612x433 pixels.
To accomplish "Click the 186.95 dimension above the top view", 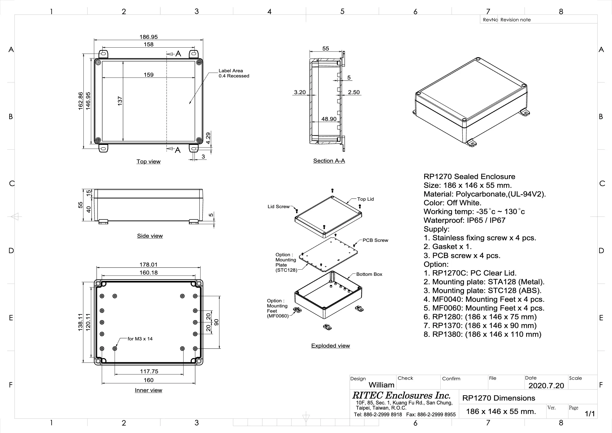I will [149, 37].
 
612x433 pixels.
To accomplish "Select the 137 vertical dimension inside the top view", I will [120, 101].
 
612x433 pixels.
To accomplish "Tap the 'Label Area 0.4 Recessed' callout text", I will [233, 73].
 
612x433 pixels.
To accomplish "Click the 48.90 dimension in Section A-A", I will [329, 119].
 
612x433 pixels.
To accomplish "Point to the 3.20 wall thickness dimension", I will [300, 92].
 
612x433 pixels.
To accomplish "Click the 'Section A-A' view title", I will [329, 161].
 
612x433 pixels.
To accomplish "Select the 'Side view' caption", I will [150, 236].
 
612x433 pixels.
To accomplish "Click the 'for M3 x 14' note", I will [140, 339].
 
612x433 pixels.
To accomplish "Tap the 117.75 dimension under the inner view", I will [149, 371].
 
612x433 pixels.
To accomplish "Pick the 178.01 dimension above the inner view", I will [149, 265].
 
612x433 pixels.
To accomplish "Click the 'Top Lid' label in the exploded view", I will [365, 199].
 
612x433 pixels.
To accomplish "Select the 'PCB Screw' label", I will [375, 240].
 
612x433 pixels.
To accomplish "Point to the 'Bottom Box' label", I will [369, 274].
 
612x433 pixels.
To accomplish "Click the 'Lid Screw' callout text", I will [278, 207].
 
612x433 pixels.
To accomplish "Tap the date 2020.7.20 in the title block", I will [546, 385].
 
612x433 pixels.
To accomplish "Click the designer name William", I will [381, 385].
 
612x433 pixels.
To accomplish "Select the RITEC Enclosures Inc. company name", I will [401, 395].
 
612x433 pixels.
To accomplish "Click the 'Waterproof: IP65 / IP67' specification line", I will [464, 220].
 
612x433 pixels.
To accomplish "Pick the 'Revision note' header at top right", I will [515, 20].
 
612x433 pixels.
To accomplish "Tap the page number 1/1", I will [590, 413].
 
